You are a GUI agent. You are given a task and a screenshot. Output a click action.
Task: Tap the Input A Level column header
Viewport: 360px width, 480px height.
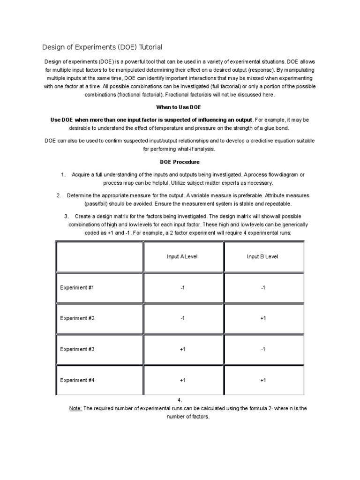182,256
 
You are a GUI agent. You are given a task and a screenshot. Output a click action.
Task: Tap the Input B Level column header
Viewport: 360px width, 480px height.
262,256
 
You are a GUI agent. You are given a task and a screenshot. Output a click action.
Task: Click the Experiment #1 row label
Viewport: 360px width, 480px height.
77,287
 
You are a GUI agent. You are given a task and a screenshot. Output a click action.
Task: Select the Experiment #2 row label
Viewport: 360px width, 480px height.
77,318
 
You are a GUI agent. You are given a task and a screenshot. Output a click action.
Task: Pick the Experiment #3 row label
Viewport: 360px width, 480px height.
77,349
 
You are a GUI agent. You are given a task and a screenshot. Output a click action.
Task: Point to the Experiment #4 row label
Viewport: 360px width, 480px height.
77,380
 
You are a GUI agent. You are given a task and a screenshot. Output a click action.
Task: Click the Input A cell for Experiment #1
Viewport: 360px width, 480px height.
182,287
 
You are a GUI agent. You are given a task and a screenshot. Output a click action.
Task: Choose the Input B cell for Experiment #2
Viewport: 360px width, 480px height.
263,318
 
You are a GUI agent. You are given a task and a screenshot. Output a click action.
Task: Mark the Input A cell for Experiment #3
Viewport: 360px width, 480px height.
182,349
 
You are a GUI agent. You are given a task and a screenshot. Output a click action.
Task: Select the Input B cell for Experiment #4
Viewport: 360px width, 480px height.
263,380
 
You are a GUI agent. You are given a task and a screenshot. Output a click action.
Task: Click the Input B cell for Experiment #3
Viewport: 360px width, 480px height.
263,349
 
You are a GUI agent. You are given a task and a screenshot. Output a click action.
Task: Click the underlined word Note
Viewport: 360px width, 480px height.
75,408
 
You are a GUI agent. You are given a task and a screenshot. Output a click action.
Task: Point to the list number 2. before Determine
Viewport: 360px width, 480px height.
59,195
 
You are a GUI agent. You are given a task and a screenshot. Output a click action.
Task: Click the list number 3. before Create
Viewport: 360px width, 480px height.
66,216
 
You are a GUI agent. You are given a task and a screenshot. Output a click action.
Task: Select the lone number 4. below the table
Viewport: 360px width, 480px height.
180,400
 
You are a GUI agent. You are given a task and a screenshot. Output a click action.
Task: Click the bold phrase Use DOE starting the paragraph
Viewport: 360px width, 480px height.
61,120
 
